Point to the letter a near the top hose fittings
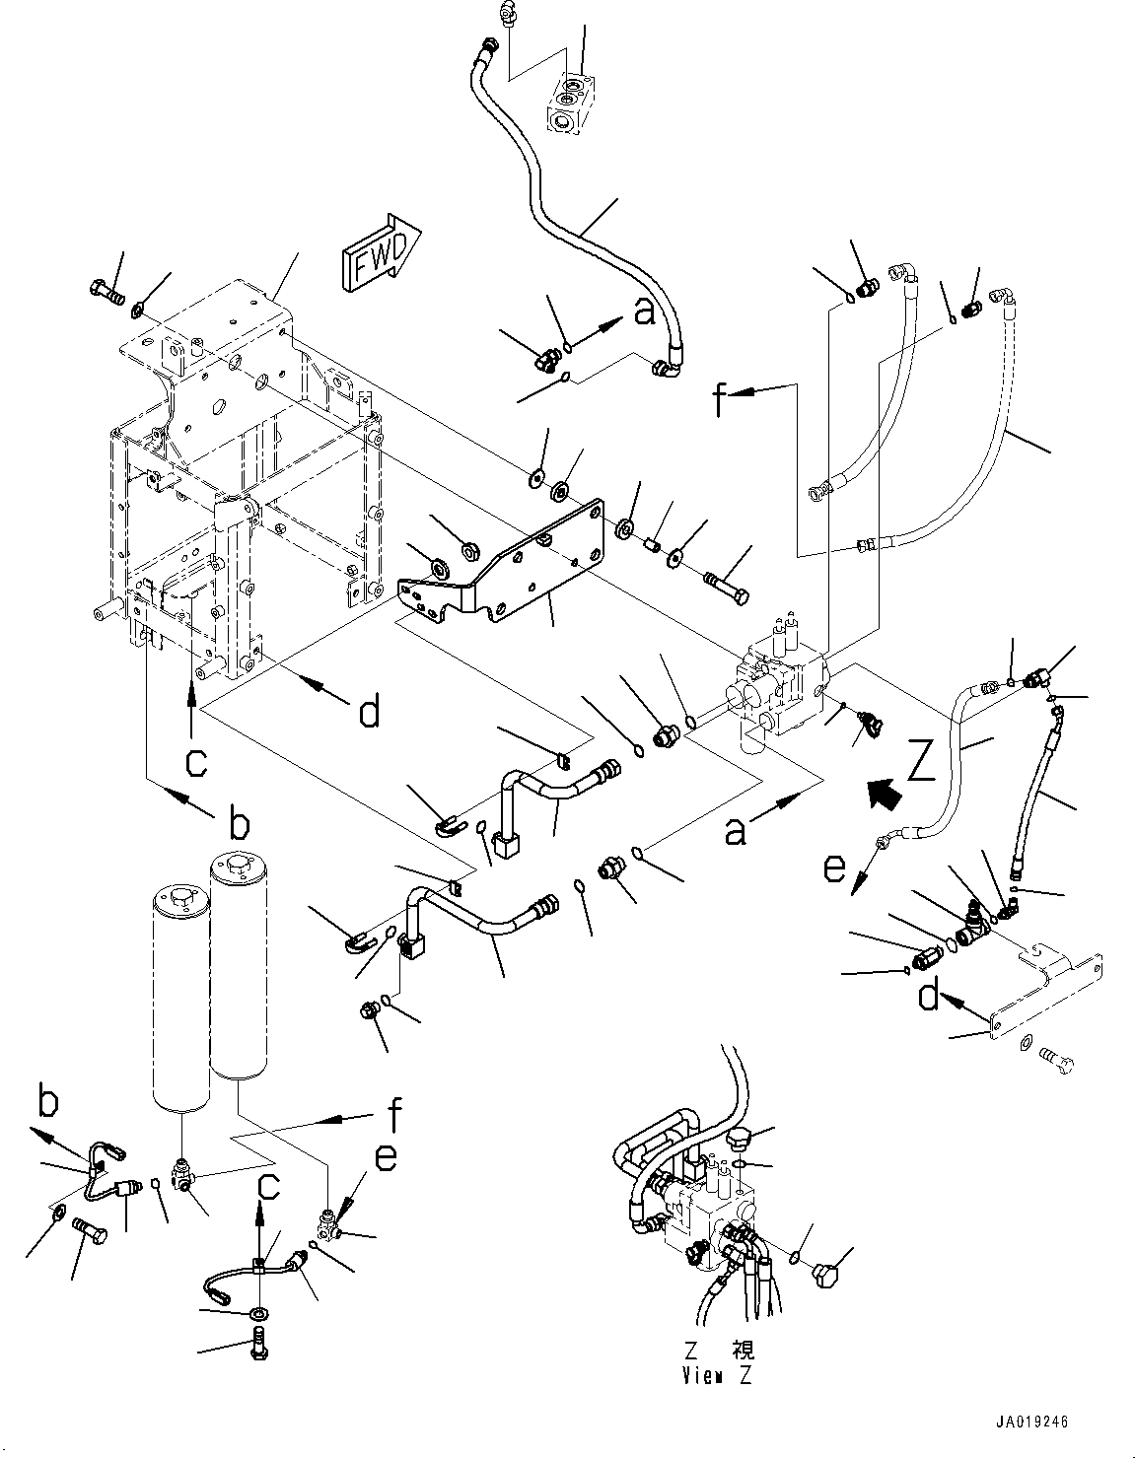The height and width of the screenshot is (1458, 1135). (x=644, y=313)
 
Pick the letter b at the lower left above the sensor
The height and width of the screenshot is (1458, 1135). (x=46, y=1098)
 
